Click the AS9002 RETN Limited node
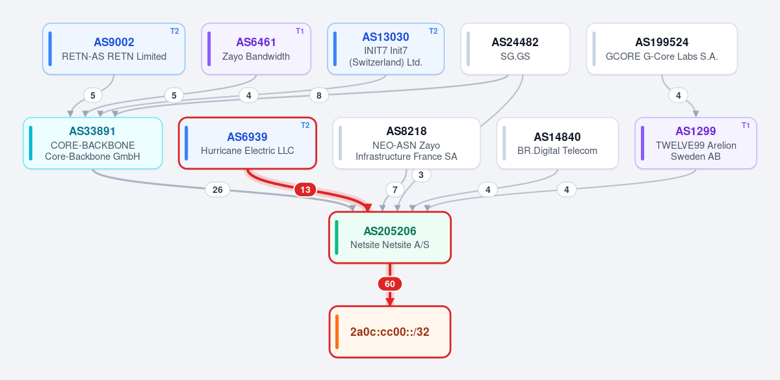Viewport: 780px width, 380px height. coord(114,49)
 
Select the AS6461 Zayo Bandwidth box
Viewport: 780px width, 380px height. coord(256,49)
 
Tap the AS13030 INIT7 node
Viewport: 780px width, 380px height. coord(386,49)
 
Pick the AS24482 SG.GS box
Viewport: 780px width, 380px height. coord(515,49)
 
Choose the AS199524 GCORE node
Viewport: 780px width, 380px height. coord(662,49)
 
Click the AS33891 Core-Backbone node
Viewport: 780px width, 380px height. coord(92,143)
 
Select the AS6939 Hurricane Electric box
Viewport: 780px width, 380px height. coord(248,143)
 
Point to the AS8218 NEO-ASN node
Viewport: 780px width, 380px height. coord(406,143)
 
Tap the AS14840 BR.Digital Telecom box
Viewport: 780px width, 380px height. coord(558,143)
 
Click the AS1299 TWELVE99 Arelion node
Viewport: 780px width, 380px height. coord(695,143)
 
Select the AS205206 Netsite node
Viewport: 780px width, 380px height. coord(390,238)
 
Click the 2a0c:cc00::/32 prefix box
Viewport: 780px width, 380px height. coord(390,332)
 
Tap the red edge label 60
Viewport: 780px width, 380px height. coord(390,284)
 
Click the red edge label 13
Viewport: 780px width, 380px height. coord(305,190)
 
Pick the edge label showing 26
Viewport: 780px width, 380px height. coord(218,190)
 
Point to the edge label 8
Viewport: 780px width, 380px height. coord(319,95)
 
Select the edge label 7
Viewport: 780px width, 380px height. coord(395,190)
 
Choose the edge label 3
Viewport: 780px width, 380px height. coord(421,175)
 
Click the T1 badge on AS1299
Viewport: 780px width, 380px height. coord(746,125)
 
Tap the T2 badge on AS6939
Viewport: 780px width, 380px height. coord(305,125)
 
